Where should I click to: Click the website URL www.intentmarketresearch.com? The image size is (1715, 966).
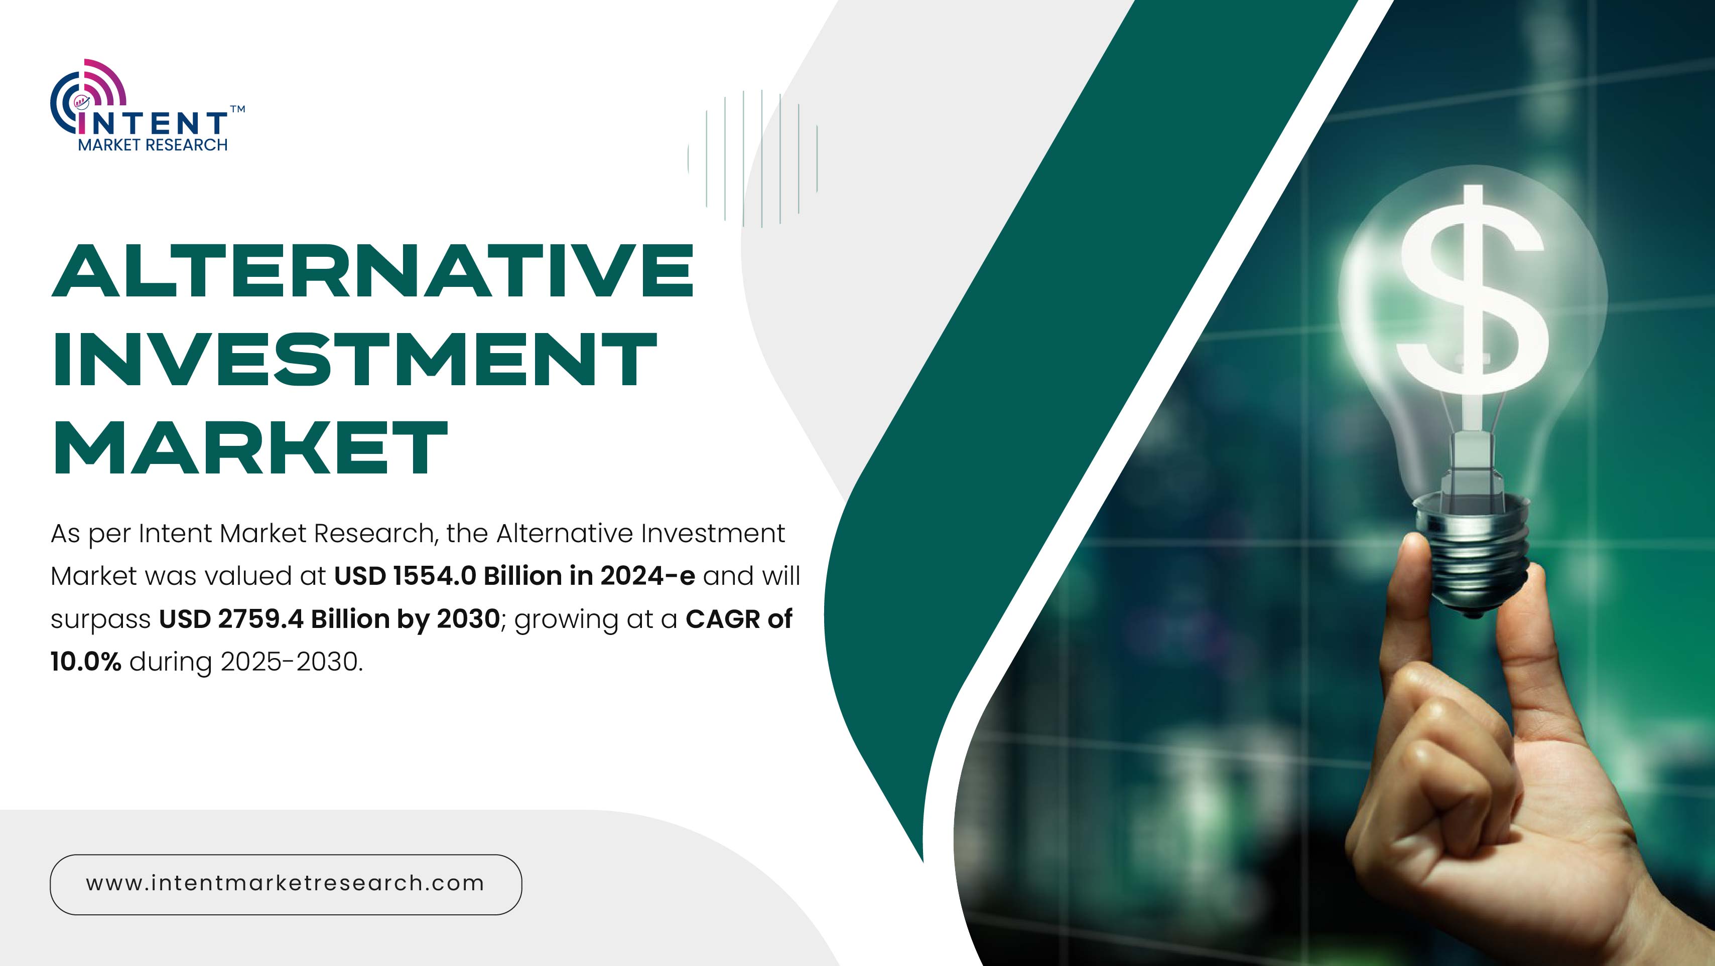286,884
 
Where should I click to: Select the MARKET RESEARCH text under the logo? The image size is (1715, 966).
153,145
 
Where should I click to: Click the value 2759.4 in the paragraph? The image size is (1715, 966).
261,619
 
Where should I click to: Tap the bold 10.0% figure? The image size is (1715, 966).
86,662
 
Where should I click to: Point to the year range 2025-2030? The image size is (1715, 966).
292,662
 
